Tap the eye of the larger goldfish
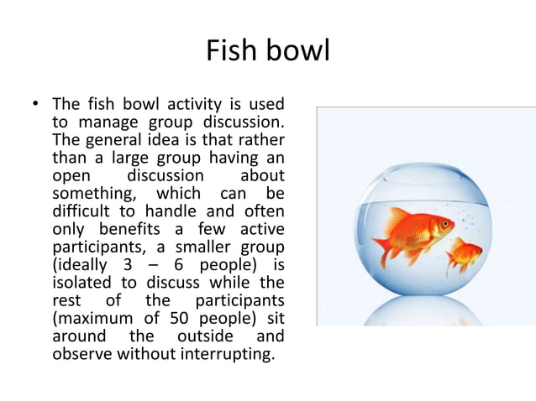[442, 224]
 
